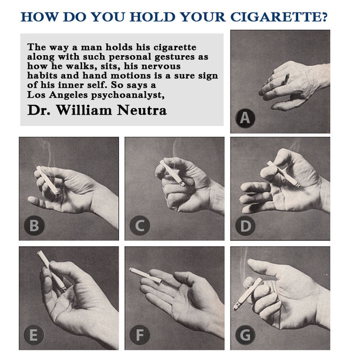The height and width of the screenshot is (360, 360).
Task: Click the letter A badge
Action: (245, 118)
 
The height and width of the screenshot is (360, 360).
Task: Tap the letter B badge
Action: (34, 226)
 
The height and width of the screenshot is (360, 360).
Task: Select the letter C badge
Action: (139, 226)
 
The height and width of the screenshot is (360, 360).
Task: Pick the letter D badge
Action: (245, 226)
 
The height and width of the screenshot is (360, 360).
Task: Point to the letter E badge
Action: (34, 336)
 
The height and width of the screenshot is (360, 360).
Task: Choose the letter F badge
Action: (139, 336)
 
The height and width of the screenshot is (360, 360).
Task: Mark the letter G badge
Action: (245, 336)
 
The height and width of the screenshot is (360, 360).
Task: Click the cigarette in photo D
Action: (283, 174)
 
